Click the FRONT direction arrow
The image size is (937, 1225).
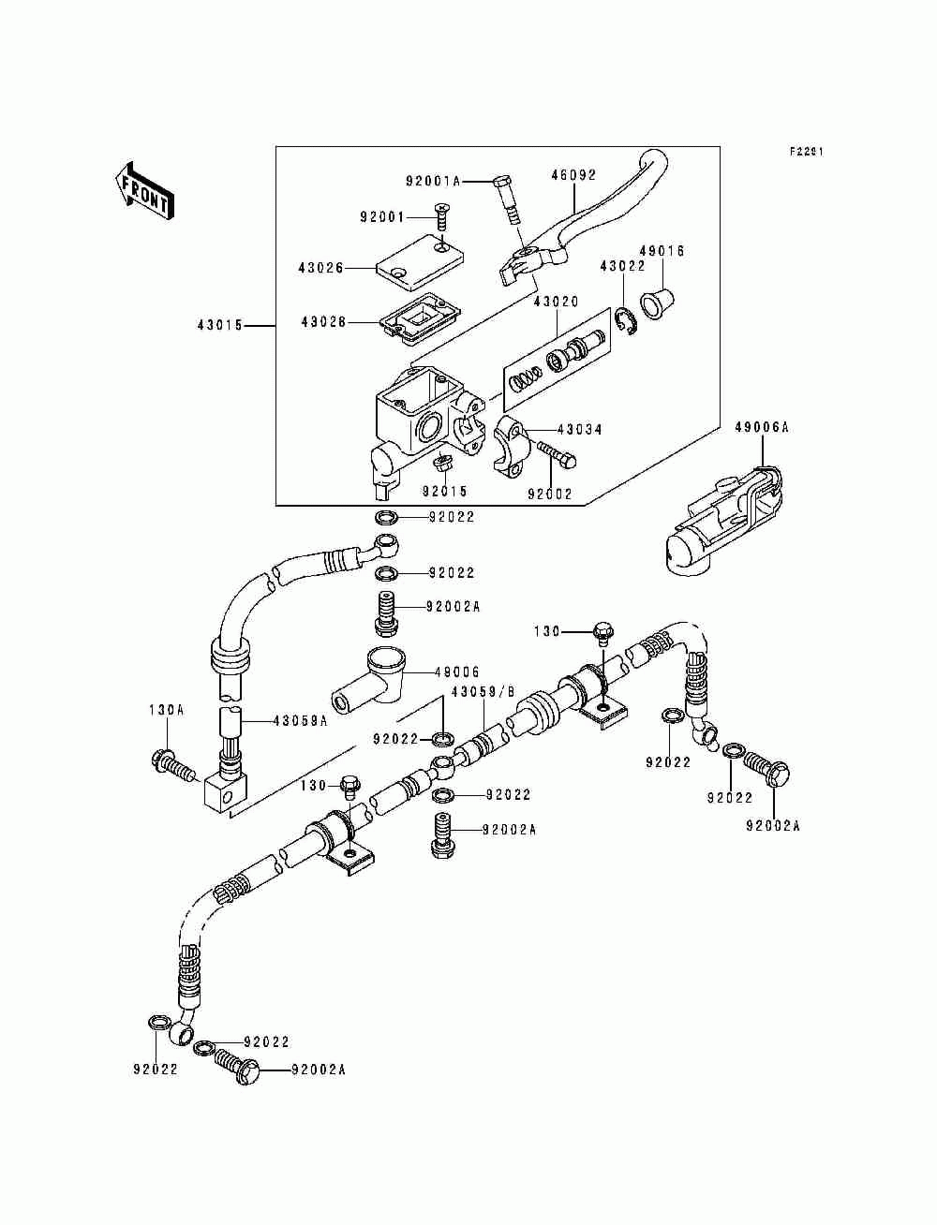pyautogui.click(x=144, y=190)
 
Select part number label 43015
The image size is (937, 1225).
pyautogui.click(x=220, y=325)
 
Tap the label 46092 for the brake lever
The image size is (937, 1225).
pyautogui.click(x=573, y=175)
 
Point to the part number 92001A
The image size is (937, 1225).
pyautogui.click(x=433, y=181)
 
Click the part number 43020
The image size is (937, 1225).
pyautogui.click(x=557, y=302)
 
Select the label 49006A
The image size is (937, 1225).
pyautogui.click(x=762, y=427)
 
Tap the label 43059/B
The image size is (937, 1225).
pyautogui.click(x=483, y=691)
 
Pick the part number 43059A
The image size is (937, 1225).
pyautogui.click(x=300, y=721)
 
